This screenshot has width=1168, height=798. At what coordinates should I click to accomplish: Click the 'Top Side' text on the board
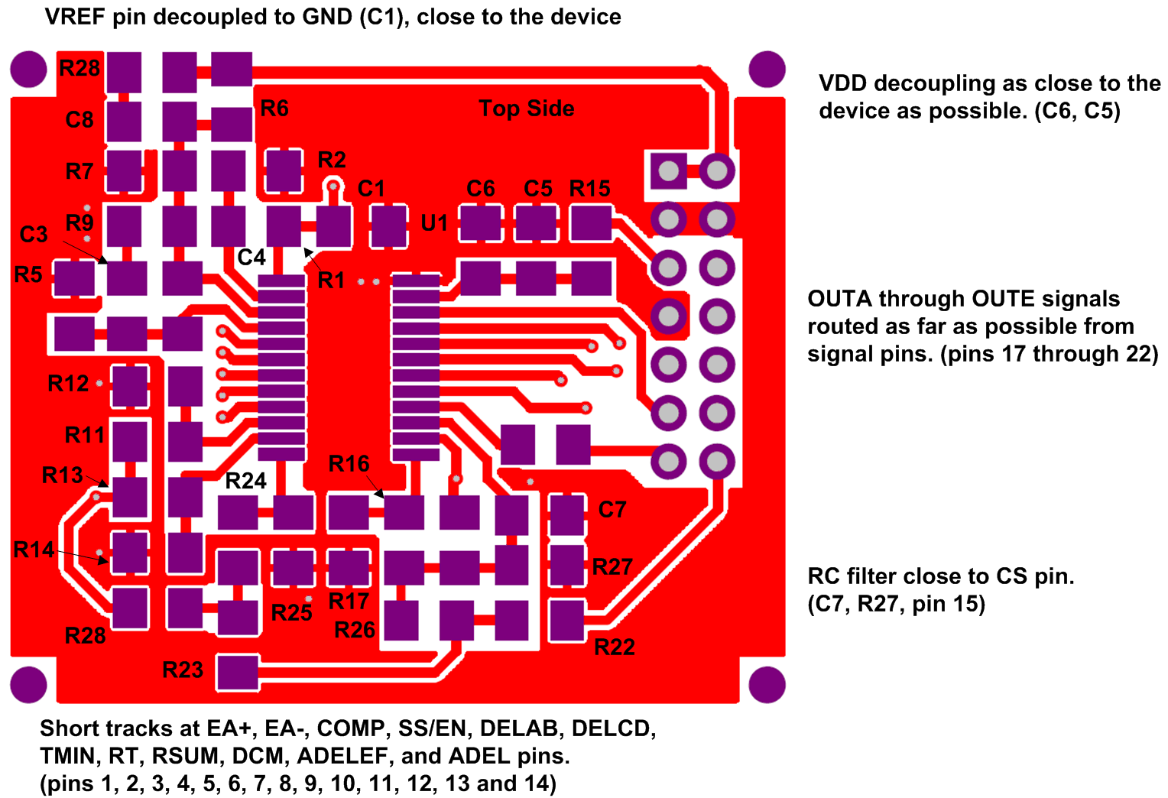coord(526,109)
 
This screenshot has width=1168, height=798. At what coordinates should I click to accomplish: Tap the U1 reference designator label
coord(434,223)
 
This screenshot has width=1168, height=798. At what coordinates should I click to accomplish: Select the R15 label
coord(589,189)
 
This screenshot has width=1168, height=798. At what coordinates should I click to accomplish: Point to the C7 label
coord(612,510)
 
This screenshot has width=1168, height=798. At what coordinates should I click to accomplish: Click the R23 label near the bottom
coord(183,670)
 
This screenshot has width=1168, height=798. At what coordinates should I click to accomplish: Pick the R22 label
coord(615,647)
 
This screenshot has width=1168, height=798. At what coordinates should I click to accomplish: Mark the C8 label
coord(79,120)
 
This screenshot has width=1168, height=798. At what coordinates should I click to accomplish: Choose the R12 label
coord(68,384)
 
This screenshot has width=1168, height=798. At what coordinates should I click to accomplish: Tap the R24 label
coord(245,481)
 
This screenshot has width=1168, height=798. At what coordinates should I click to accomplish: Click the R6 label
coord(274,109)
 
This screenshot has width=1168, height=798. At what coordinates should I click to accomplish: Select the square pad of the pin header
coord(668,170)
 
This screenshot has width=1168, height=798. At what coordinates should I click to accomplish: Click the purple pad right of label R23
coord(238,673)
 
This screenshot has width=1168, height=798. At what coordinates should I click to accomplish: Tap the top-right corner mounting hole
coord(767,70)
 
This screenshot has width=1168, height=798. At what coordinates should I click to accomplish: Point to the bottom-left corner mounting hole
coord(29,684)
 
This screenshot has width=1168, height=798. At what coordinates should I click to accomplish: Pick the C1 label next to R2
coord(371,189)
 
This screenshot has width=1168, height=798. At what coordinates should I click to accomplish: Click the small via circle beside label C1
coord(333,186)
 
